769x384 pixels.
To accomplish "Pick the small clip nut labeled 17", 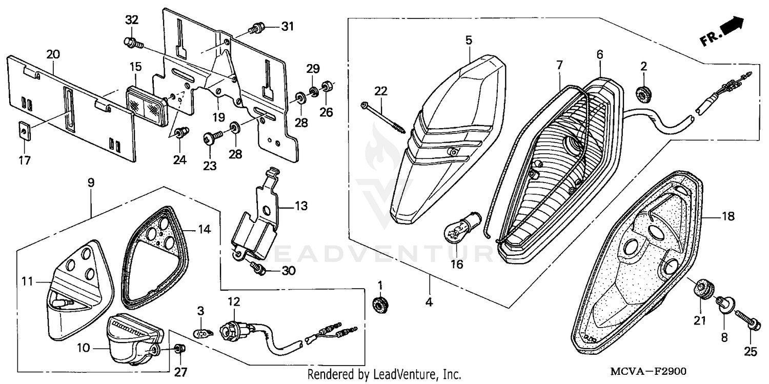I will pos(24,131).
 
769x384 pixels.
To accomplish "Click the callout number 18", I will pos(728,217).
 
